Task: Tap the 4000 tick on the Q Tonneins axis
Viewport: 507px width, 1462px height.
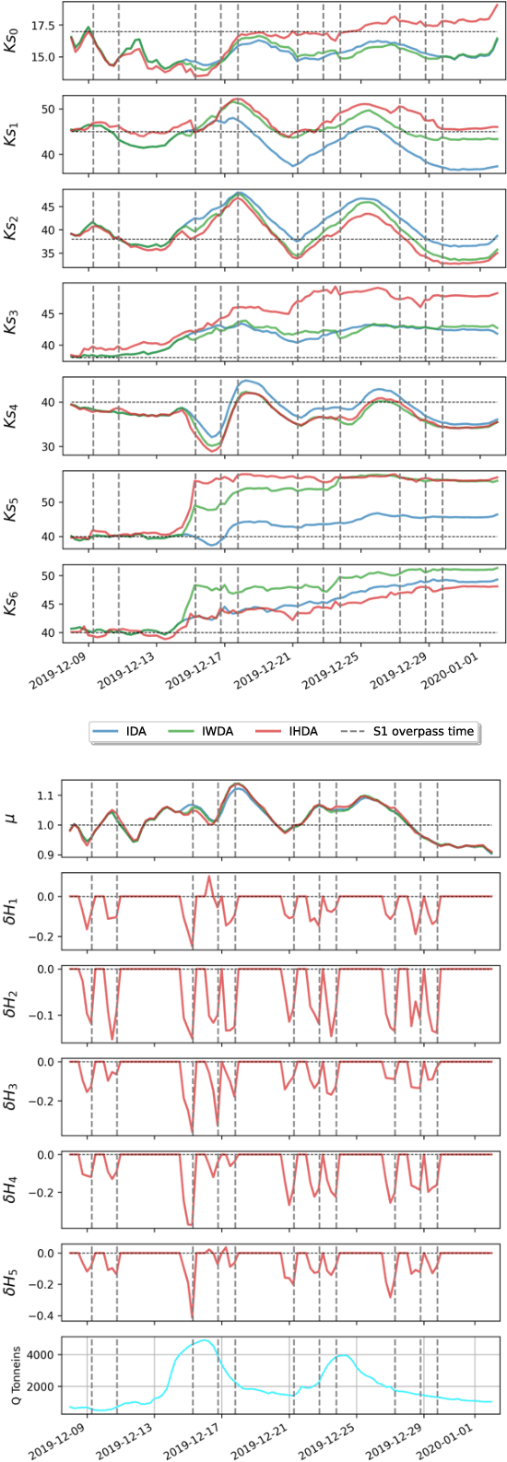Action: [x=46, y=1354]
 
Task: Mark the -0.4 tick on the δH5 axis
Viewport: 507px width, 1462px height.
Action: [x=47, y=1315]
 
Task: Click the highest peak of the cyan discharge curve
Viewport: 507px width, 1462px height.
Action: [x=204, y=1340]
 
